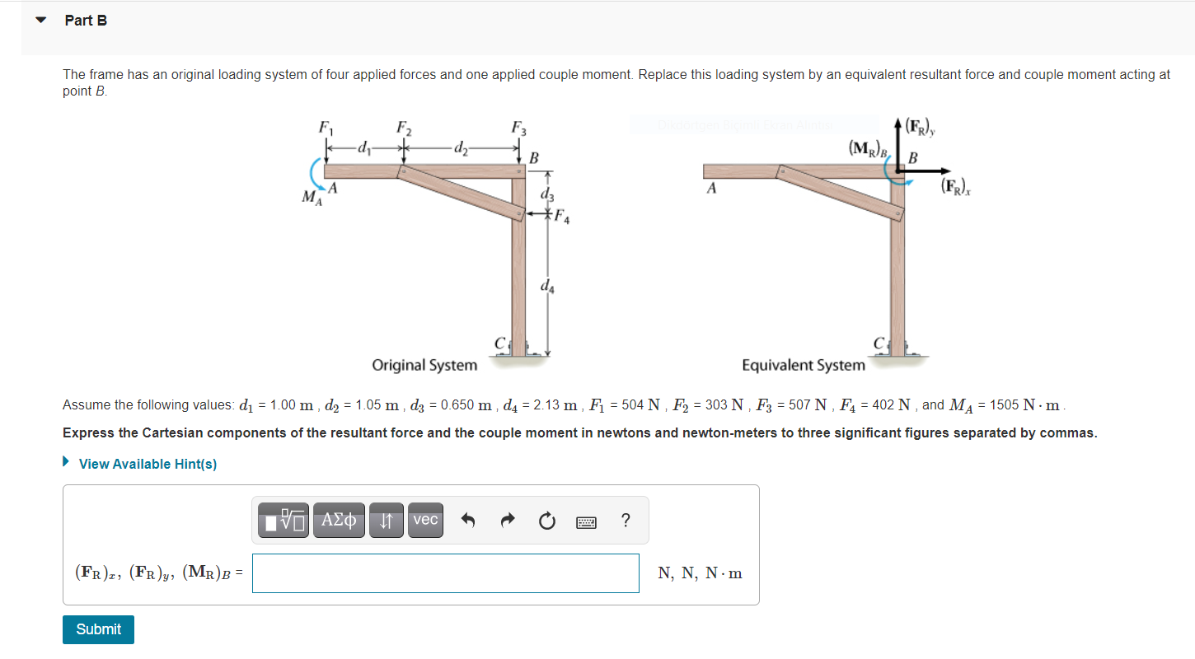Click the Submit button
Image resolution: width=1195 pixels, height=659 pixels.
click(x=98, y=629)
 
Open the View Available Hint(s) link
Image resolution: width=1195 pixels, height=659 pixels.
click(x=147, y=464)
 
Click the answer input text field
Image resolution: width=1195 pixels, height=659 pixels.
click(x=445, y=573)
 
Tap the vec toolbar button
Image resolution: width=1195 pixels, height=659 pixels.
click(x=425, y=520)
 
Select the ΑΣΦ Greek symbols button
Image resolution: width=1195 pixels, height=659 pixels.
click(x=340, y=520)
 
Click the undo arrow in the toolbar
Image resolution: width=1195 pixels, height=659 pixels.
click(x=468, y=521)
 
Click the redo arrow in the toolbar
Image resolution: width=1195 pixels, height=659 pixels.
click(x=508, y=521)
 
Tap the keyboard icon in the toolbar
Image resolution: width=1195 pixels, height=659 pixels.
click(x=586, y=521)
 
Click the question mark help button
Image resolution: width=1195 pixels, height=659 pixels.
click(x=626, y=521)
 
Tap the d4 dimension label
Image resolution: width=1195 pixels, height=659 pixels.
click(x=547, y=287)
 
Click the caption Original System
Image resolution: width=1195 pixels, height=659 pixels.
click(x=424, y=365)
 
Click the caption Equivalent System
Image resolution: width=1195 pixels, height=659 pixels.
click(x=804, y=365)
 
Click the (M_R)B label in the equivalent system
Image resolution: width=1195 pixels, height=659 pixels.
click(x=869, y=149)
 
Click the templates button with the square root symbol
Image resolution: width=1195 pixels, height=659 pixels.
click(x=284, y=521)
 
